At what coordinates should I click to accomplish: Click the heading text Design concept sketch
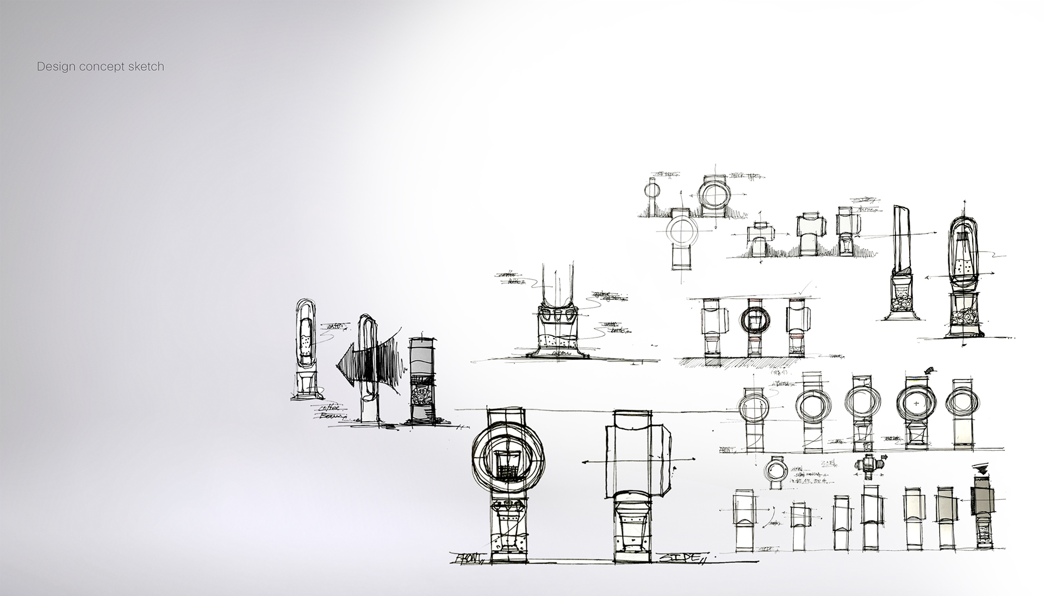tap(100, 67)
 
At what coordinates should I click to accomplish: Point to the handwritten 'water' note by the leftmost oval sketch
tap(336, 327)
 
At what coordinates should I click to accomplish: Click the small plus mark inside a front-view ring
tap(917, 404)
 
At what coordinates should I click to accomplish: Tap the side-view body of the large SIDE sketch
tap(637, 461)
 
